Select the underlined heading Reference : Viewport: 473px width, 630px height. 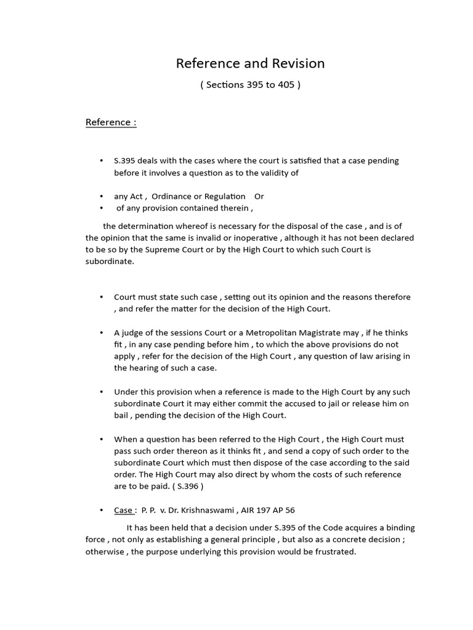(111, 122)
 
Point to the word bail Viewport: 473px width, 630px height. (122, 415)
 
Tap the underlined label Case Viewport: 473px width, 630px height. (123, 510)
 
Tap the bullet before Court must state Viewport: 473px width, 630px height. (102, 297)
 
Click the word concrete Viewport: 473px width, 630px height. (355, 540)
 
